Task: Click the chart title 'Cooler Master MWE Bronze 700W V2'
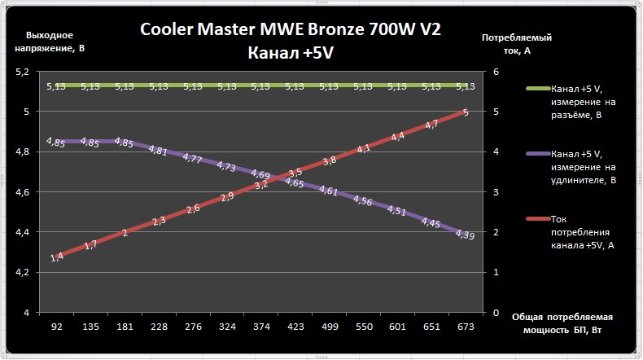291,30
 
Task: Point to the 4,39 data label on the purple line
465,235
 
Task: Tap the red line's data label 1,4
57,257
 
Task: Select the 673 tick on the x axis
465,326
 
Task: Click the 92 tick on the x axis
57,326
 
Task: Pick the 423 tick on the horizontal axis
295,326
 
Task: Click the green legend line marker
536,87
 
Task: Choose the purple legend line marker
536,152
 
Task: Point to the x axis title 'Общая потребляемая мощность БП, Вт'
562,323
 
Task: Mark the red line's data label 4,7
431,124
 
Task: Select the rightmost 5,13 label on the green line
466,86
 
